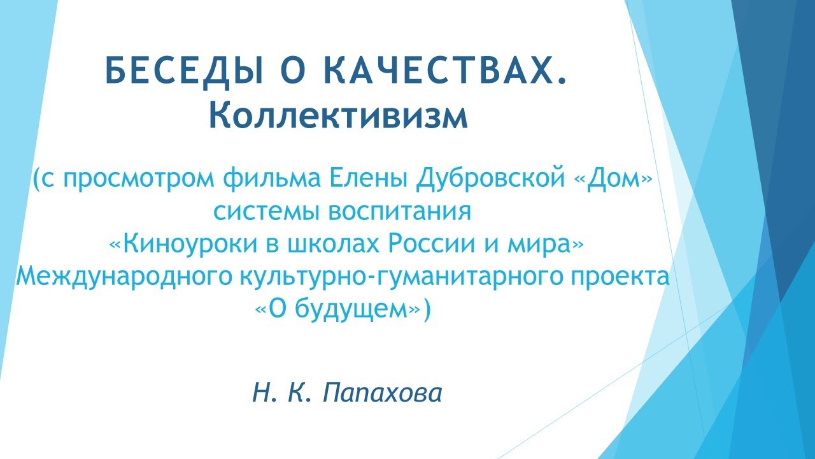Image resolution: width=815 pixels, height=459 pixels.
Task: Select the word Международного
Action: (x=121, y=276)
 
